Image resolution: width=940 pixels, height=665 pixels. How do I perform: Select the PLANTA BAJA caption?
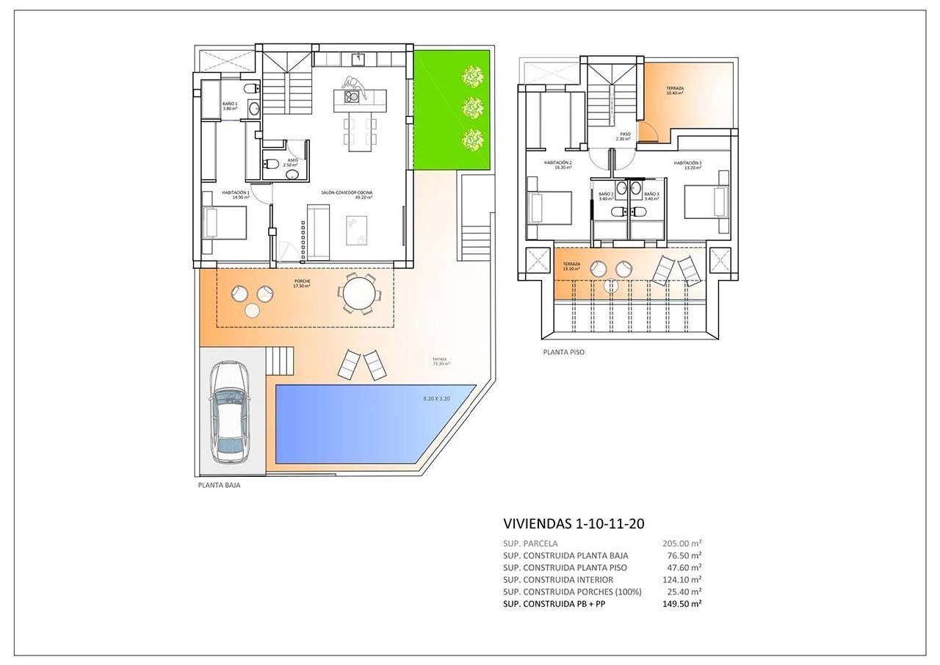(x=219, y=486)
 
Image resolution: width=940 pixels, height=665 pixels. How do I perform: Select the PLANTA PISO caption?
(x=564, y=352)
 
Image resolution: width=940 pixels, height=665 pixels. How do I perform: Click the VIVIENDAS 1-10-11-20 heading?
(x=574, y=524)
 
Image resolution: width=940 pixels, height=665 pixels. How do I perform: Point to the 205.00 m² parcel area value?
(x=681, y=544)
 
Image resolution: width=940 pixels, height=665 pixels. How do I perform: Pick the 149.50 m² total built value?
(x=681, y=603)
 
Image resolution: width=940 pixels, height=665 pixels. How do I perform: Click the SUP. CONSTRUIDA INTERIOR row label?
(x=558, y=580)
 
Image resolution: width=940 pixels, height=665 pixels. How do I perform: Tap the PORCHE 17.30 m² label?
(x=302, y=282)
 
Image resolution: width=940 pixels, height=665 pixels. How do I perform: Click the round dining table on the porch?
(x=360, y=294)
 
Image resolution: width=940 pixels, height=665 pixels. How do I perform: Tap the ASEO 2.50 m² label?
(x=292, y=162)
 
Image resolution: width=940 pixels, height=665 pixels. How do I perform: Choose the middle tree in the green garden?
(x=471, y=108)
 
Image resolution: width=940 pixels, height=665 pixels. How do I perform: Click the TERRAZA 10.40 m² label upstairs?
(x=674, y=90)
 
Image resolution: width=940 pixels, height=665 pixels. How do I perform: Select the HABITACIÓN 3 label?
(x=687, y=165)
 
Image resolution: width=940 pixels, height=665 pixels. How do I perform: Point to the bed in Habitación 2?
(x=549, y=207)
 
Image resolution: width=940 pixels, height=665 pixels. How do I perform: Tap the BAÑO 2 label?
(x=606, y=196)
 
